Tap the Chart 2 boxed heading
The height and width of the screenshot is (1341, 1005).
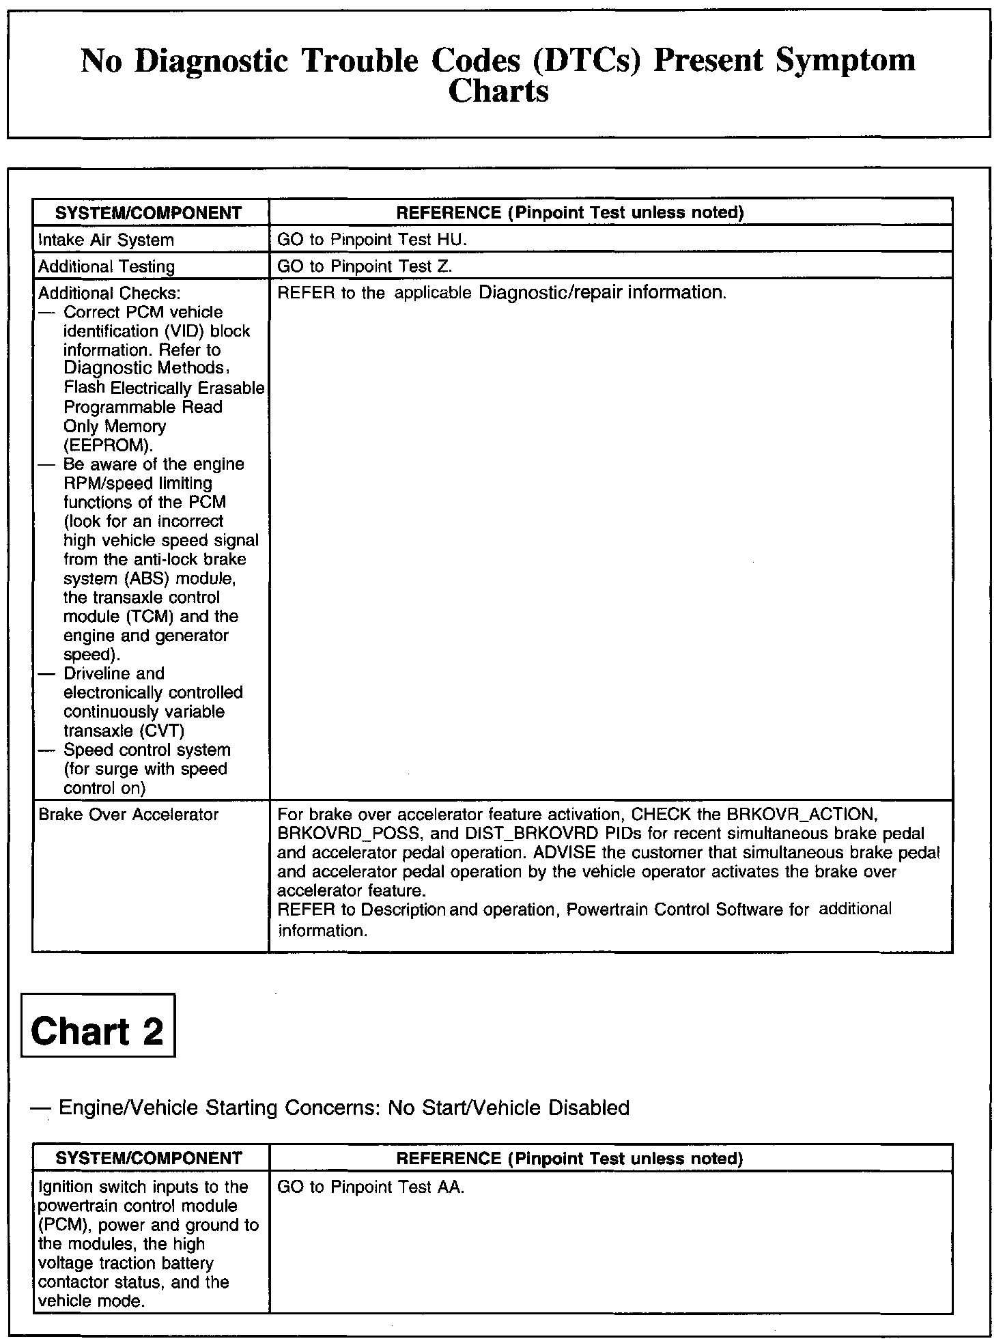pyautogui.click(x=98, y=1030)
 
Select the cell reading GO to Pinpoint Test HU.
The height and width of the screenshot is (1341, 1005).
pyautogui.click(x=371, y=240)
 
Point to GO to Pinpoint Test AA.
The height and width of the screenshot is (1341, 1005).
pyautogui.click(x=371, y=1187)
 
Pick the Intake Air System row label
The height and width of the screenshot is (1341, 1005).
pyautogui.click(x=106, y=240)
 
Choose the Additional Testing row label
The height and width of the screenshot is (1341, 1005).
pyautogui.click(x=107, y=266)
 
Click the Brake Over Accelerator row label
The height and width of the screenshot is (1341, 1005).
pyautogui.click(x=128, y=815)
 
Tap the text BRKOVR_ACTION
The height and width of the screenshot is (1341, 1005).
pyautogui.click(x=800, y=815)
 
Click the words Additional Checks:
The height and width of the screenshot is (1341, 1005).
pyautogui.click(x=109, y=293)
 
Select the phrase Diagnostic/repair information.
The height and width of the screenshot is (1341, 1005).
pyautogui.click(x=602, y=293)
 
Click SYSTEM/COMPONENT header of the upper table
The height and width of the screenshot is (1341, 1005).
pyautogui.click(x=149, y=213)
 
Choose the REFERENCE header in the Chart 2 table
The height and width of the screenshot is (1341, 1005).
pyautogui.click(x=569, y=1159)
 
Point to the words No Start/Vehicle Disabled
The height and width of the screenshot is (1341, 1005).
pyautogui.click(x=509, y=1107)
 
